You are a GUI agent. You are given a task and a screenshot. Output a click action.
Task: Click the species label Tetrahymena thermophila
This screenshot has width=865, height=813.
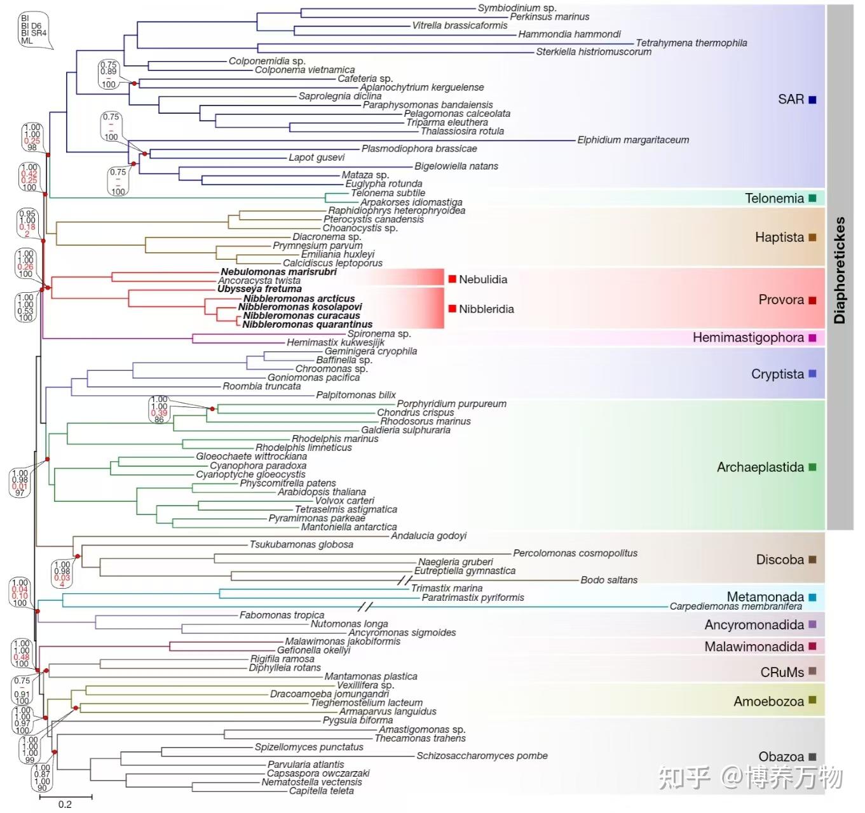click(691, 43)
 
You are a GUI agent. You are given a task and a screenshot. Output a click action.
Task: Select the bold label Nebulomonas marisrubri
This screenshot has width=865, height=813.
click(278, 272)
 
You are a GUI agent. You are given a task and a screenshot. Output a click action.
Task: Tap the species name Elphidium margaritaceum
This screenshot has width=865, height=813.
click(632, 140)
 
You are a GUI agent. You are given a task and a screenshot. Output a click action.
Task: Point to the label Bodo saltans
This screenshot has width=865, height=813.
click(608, 580)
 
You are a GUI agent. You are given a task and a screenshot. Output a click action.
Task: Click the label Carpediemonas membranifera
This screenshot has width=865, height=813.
click(735, 607)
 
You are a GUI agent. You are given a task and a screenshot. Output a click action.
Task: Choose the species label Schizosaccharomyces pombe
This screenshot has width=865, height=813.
click(482, 756)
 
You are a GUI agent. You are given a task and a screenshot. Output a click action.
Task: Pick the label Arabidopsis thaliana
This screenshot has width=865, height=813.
click(322, 492)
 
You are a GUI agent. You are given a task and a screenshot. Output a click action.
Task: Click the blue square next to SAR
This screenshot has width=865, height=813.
click(812, 100)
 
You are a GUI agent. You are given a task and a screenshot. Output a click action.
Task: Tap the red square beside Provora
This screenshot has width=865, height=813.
click(812, 300)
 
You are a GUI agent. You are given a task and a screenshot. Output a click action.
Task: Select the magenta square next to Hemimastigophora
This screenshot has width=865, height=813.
click(812, 338)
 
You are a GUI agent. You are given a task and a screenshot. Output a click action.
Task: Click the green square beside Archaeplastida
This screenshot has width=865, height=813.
click(812, 467)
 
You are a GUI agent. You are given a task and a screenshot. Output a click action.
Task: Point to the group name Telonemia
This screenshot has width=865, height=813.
click(774, 198)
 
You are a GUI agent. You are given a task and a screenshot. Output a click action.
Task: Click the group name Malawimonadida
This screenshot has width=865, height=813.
click(754, 647)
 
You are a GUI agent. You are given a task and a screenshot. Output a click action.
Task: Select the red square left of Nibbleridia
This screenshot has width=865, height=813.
click(452, 309)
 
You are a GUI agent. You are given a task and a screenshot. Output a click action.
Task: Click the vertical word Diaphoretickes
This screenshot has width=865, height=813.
click(840, 270)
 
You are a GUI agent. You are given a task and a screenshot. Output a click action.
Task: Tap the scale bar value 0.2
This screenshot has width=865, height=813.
click(65, 804)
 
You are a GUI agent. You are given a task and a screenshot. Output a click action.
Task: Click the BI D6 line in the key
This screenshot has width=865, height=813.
click(31, 26)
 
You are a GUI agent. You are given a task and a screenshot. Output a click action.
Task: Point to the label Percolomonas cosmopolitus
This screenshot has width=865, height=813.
click(575, 553)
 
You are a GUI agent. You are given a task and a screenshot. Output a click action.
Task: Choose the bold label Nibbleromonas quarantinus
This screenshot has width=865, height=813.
click(307, 325)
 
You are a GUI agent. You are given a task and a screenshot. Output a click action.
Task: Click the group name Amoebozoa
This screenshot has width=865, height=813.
click(768, 701)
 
